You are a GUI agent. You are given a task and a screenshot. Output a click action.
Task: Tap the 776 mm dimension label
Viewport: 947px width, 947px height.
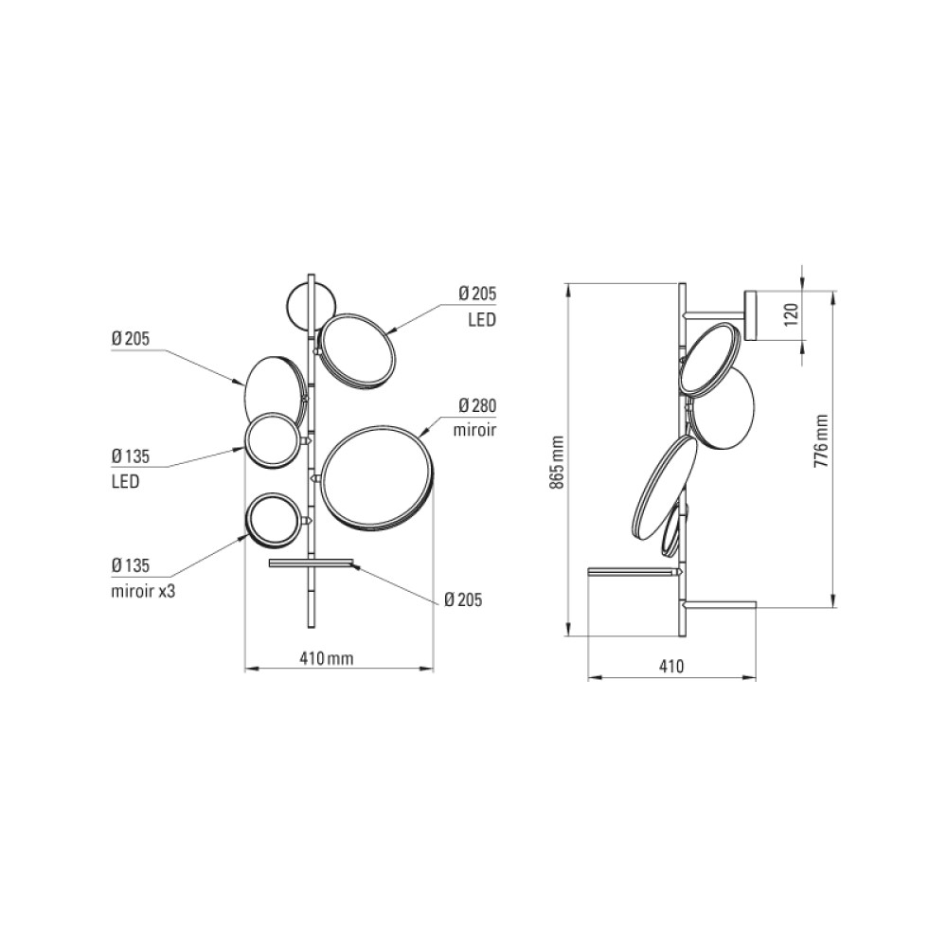(820, 441)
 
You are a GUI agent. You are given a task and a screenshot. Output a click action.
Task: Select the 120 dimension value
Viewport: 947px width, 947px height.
(791, 314)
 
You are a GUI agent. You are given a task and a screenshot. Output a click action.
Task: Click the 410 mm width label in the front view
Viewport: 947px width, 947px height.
(326, 658)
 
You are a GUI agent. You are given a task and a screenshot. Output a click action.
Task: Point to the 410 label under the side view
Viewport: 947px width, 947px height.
(671, 666)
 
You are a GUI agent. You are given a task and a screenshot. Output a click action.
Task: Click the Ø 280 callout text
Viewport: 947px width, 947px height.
(477, 405)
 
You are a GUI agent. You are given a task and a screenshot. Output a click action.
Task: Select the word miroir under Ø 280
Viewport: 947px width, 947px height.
(474, 429)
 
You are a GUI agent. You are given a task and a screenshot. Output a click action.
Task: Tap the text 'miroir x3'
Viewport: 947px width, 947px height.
(143, 590)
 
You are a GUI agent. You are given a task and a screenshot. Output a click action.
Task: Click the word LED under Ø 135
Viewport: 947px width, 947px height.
(126, 481)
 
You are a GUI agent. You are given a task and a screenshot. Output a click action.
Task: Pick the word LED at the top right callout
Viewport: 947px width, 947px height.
(482, 319)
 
